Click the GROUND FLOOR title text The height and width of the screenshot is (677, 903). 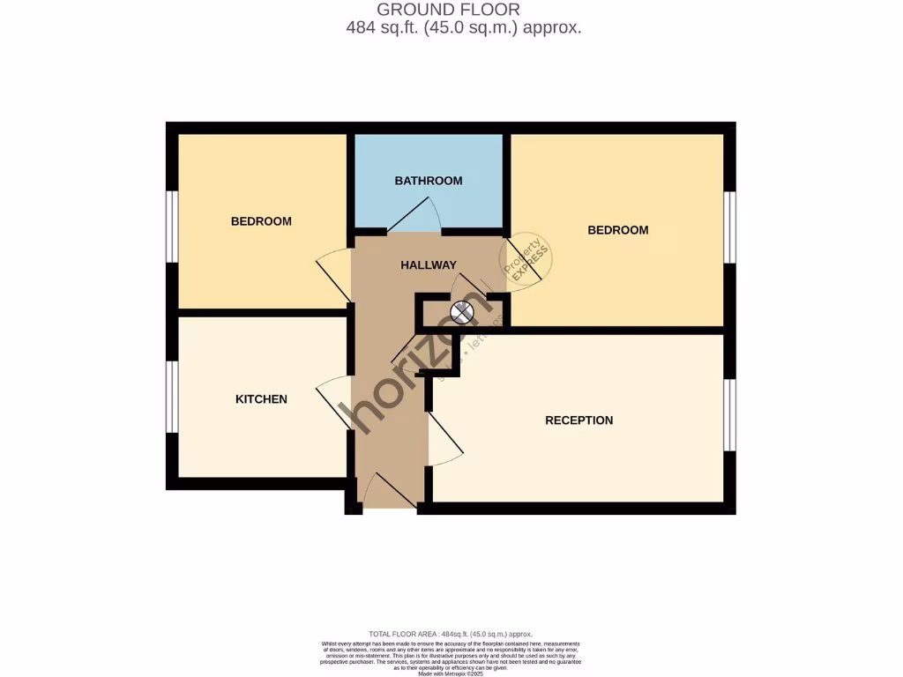448,10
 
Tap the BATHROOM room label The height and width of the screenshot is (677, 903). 429,181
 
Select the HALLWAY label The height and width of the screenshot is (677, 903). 429,265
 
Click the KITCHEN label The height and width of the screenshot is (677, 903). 261,399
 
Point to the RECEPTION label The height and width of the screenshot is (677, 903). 578,420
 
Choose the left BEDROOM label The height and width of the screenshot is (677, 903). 261,221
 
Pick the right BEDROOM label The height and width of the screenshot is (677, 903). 617,230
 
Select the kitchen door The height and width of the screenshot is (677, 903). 332,401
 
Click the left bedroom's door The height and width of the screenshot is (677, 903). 332,275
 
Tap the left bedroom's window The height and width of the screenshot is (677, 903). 173,226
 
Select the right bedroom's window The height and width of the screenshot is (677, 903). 729,227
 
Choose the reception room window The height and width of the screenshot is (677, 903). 729,414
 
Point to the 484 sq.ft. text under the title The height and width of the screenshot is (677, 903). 464,28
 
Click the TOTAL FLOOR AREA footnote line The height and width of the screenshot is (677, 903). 451,634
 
